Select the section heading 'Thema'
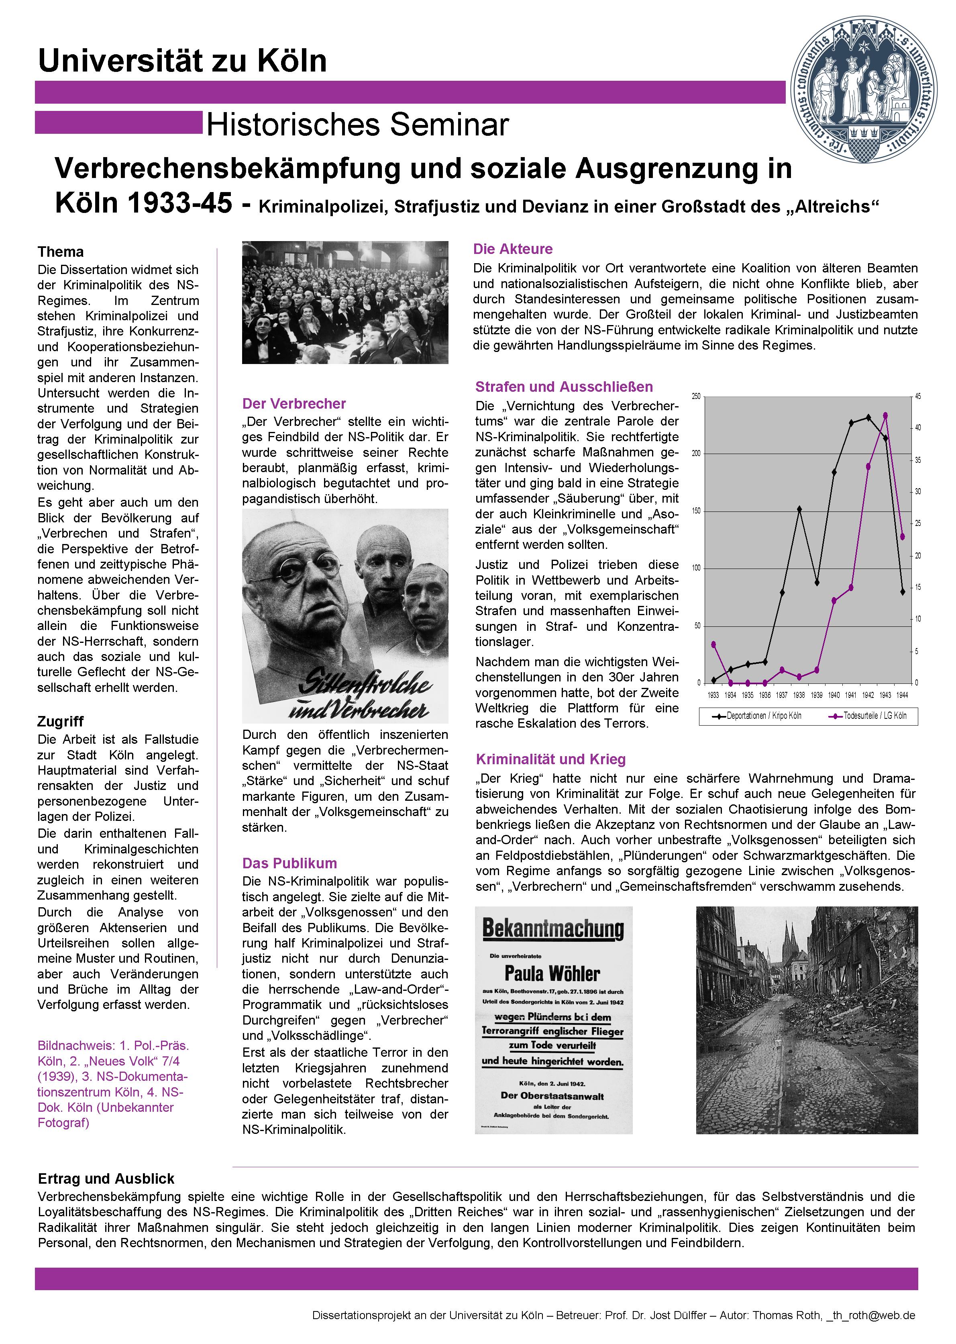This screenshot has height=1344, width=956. coord(61,252)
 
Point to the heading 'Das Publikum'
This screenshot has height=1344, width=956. coord(289,863)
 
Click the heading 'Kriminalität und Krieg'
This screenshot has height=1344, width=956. coord(550,759)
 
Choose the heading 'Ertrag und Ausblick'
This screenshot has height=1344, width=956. coord(106,1178)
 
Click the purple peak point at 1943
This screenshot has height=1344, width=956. coord(885,415)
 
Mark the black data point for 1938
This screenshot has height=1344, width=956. coord(799,509)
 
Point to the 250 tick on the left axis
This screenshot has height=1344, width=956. coord(696,396)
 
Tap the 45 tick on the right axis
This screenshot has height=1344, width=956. coord(918,396)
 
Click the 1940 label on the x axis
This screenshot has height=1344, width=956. coord(834,696)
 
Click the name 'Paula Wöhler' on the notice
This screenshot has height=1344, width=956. coord(552,974)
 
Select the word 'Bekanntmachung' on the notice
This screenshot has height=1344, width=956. coord(553,929)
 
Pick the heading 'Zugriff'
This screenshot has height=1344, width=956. coord(61,722)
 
